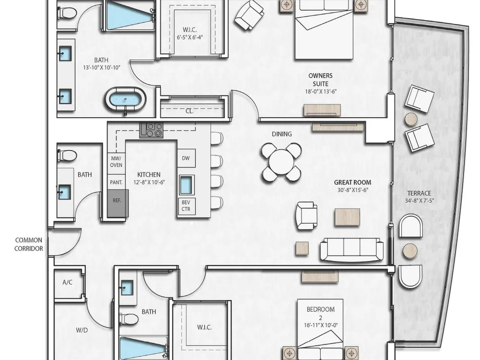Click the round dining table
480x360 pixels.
[x=281, y=162]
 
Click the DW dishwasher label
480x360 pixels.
[x=186, y=158]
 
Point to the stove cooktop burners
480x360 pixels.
[x=152, y=130]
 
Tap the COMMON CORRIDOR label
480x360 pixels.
[x=29, y=244]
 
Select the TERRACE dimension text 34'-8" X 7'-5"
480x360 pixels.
[x=420, y=201]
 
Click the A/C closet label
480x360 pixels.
[x=67, y=282]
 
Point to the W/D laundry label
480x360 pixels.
[x=82, y=330]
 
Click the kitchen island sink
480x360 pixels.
[x=186, y=185]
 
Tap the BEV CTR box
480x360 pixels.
[x=186, y=206]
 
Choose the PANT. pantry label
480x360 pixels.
[x=116, y=182]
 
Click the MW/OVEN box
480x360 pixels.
[x=116, y=162]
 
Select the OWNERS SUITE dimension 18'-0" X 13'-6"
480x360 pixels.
[x=321, y=91]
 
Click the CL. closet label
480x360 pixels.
[x=190, y=111]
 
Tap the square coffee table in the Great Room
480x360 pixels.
[x=347, y=217]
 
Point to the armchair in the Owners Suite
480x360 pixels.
[x=249, y=15]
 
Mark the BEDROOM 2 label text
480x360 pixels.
[x=321, y=313]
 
